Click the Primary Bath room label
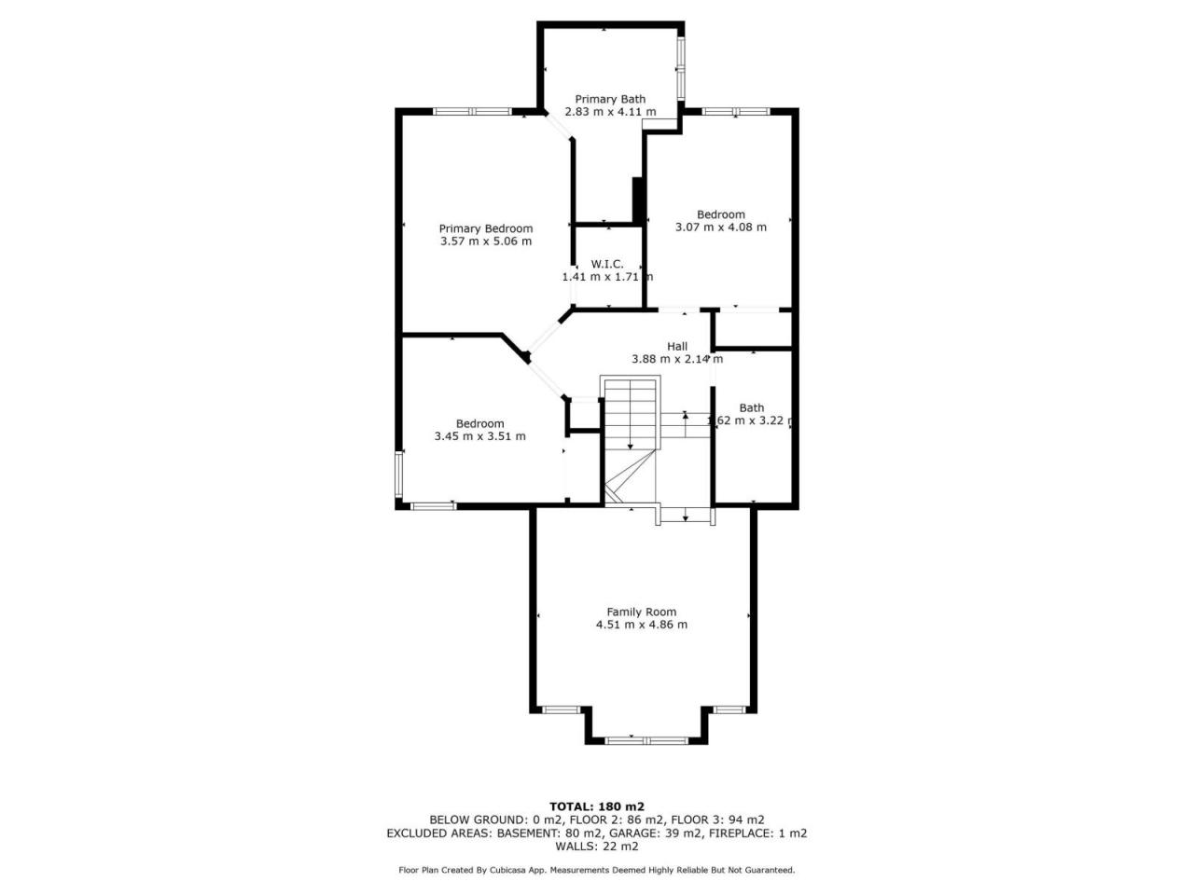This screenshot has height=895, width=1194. pos(610,99)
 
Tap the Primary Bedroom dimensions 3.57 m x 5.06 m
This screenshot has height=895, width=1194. pos(486,241)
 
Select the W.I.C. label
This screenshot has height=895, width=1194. pos(607,264)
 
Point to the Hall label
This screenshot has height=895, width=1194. pos(677,346)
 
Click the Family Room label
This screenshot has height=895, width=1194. pos(642,612)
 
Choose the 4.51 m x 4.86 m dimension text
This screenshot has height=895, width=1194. pos(642,625)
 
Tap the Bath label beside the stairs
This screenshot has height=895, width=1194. pos(751,407)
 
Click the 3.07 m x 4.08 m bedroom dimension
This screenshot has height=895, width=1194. pos(721,227)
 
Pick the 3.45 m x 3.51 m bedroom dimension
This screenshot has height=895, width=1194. pos(479,435)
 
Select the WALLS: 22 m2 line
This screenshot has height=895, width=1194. pos(597,847)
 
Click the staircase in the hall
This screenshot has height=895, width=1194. pos(630,440)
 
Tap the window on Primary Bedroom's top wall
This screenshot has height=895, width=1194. pos(472,111)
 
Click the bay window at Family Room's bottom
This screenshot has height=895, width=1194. pos(646,740)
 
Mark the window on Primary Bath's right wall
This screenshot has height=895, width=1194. pos(681,68)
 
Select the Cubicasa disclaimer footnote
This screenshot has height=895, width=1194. pos(597,870)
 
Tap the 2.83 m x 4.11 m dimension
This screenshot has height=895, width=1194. pos(610,111)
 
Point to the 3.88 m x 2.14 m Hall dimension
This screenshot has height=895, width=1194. pos(677,359)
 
